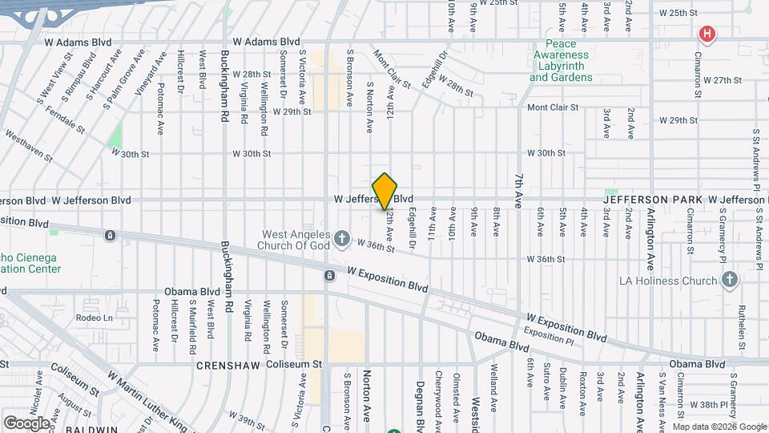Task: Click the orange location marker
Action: coord(385,191)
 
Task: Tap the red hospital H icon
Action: coord(707,34)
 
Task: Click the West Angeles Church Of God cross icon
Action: coord(342,237)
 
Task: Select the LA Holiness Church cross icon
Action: coord(729,280)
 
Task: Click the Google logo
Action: coord(26,423)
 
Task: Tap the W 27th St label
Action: coord(723,80)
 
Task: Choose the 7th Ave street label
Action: coord(520,191)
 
